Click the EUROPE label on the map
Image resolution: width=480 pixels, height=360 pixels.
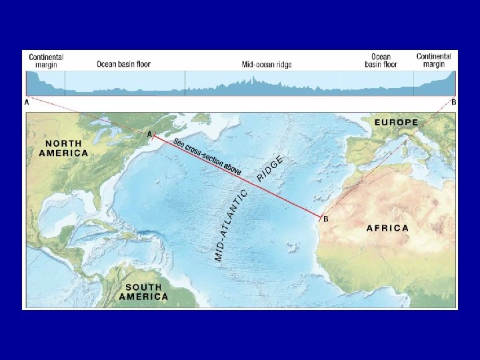pos(396,122)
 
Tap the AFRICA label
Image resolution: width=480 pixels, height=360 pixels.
pos(387,228)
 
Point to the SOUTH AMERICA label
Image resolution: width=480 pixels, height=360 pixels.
pos(143,292)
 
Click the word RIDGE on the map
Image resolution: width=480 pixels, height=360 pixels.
pos(270,169)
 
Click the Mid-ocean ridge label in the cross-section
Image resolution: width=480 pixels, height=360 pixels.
pos(267,65)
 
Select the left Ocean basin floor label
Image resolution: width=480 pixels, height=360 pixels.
pos(123,65)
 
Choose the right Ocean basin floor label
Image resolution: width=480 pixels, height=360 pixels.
pos(381,61)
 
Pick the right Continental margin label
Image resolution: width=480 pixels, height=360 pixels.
pos(433,60)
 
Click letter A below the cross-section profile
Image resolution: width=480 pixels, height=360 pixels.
pos(27,103)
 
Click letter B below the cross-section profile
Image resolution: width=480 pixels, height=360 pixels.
pos(454,103)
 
